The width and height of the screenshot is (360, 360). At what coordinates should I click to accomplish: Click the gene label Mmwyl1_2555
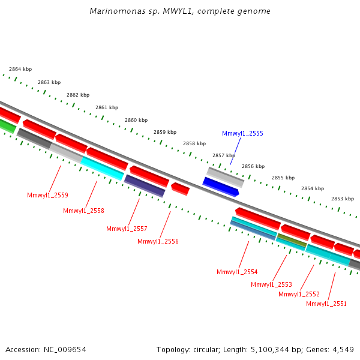(242, 133)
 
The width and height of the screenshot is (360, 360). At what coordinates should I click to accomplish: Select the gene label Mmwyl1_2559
(47, 195)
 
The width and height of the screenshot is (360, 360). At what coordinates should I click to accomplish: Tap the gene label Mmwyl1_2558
(83, 211)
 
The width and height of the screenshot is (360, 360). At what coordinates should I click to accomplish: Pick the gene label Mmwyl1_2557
(127, 229)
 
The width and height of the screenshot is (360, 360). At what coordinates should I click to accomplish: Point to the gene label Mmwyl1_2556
(158, 241)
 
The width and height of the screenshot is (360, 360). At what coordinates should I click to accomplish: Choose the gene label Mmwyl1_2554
(237, 272)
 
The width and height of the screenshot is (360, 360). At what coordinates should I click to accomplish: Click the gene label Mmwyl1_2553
(271, 284)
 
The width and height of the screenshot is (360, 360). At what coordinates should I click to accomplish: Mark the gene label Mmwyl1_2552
(299, 294)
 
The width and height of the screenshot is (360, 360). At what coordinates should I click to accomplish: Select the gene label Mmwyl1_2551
(326, 304)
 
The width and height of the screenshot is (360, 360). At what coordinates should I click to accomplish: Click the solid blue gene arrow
(221, 187)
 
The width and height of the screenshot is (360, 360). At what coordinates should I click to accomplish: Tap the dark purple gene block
(144, 185)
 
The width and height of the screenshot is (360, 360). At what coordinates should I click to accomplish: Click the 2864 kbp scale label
(20, 70)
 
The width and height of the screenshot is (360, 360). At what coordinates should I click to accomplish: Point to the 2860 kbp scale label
(136, 120)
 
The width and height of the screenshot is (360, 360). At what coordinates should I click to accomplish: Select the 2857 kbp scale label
(224, 155)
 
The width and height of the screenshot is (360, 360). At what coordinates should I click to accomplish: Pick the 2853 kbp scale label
(343, 199)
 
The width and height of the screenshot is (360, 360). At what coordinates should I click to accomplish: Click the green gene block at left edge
(7, 126)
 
